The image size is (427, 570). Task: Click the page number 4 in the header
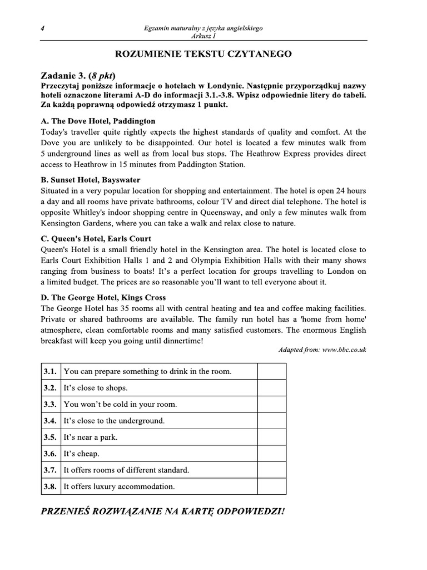point(42,28)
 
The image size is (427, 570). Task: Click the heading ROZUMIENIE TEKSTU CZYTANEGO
point(203,54)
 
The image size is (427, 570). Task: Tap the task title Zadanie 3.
point(63,76)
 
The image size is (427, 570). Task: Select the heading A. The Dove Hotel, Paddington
point(98,121)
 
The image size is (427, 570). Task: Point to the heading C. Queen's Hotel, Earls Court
point(96,239)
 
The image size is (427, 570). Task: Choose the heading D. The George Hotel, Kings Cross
point(103,298)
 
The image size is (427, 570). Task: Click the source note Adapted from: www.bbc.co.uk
point(322,350)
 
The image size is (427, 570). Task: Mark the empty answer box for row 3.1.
point(271,371)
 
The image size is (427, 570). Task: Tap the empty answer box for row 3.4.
point(271,421)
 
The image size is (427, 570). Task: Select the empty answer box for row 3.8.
point(271,487)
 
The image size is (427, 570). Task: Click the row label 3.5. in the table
point(50,438)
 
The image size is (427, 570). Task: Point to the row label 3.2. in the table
point(50,388)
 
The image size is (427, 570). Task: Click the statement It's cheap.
point(82,454)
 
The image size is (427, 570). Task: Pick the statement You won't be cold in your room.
point(120,404)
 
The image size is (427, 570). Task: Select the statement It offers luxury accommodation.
point(119,487)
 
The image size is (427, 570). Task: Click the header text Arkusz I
point(202,36)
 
